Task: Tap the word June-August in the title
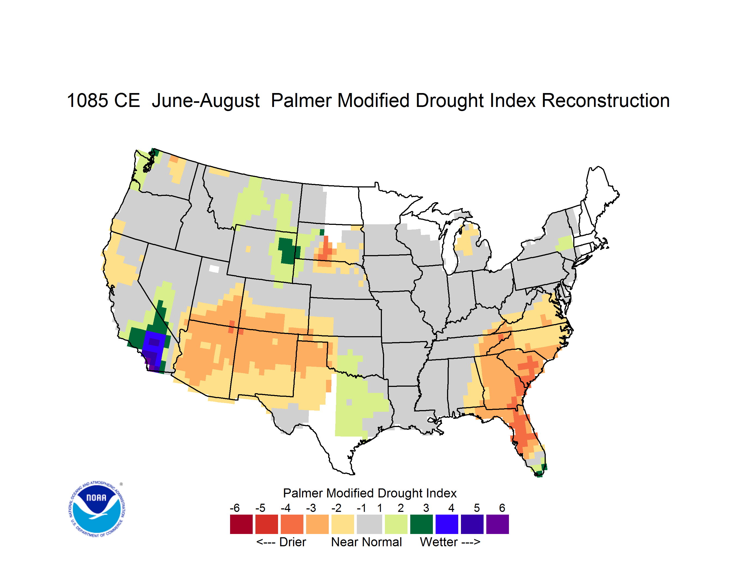click(206, 100)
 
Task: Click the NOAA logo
click(97, 509)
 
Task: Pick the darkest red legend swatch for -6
click(241, 524)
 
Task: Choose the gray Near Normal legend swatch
click(369, 524)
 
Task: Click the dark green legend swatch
click(421, 524)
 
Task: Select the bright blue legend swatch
click(447, 524)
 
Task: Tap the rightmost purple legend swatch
click(497, 524)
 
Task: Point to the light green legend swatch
click(396, 524)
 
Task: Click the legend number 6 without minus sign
click(502, 508)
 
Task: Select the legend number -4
click(285, 508)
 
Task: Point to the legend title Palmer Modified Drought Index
click(370, 493)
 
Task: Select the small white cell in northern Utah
click(214, 269)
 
